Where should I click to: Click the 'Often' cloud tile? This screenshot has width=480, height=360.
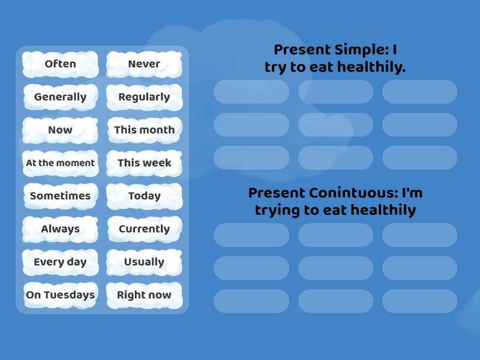point(60,64)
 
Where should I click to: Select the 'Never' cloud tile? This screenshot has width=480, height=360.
point(144,64)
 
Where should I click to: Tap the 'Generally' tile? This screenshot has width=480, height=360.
point(60,97)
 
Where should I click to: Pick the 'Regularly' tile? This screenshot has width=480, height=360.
point(144,97)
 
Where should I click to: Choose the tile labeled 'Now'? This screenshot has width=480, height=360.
point(60,130)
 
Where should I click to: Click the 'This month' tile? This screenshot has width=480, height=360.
point(144,130)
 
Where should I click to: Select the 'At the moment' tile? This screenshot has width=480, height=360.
point(60,163)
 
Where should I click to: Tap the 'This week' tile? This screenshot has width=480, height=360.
point(144,163)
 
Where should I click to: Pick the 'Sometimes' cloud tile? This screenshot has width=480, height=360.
point(60,196)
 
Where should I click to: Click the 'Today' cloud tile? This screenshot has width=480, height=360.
point(144,196)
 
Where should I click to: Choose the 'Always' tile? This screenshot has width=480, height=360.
point(60,229)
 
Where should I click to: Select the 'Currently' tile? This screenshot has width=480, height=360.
point(144,229)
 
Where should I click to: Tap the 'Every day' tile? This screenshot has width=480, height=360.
point(60,262)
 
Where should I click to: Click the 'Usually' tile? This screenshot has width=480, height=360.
point(144,262)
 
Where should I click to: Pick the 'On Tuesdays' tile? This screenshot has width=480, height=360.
point(60,295)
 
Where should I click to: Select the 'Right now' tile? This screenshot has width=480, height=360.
point(144,295)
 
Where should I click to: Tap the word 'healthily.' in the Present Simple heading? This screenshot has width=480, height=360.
point(371,67)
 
